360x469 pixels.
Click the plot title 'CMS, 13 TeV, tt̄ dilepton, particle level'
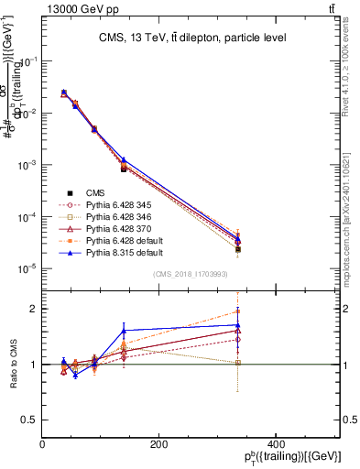pyautogui.click(x=191, y=38)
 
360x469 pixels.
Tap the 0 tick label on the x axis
pyautogui.click(x=42, y=444)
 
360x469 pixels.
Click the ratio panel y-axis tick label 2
pyautogui.click(x=33, y=309)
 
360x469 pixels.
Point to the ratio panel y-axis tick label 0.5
pyautogui.click(x=29, y=420)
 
